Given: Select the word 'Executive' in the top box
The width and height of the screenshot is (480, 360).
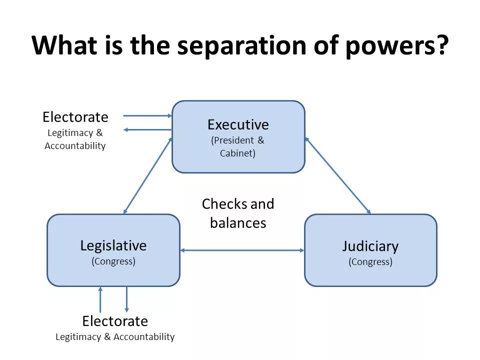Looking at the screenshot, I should tap(238, 124).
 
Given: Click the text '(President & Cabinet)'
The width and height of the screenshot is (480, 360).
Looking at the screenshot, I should tap(238, 147).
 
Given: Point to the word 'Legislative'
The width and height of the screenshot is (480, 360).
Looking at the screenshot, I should tap(113, 245).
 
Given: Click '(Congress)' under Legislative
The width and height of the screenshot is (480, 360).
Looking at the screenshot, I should tap(113, 261).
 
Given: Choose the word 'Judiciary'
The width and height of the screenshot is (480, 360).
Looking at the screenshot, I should tap(370, 246).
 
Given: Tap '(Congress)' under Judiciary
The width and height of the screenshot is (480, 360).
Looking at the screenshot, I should tap(370, 261).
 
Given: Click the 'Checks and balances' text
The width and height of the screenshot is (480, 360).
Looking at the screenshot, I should tap(238, 213).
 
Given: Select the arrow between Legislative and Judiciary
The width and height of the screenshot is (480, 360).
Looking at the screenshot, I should tap(242, 250).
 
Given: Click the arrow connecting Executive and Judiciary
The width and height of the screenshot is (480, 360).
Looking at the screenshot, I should tap(338, 175).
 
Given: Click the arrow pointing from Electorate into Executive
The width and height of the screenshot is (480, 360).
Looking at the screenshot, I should tap(147, 115).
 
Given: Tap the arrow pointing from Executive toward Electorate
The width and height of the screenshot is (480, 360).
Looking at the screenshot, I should tap(147, 130).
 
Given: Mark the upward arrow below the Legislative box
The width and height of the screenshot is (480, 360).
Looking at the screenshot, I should tap(100, 300).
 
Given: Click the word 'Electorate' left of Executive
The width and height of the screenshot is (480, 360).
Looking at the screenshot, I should tap(75, 117).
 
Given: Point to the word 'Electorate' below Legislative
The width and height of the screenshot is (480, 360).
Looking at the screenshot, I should tap(115, 321).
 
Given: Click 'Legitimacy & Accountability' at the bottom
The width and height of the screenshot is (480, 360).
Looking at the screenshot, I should tap(115, 336).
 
